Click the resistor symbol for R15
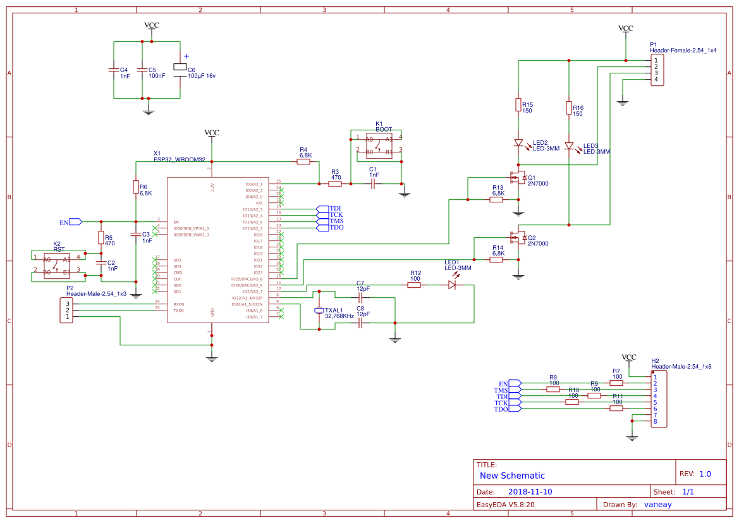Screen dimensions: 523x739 tap(518, 104)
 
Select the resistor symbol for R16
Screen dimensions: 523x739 tap(569, 108)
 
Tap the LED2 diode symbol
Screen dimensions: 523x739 tap(518, 143)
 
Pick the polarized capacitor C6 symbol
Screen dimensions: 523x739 tap(180, 68)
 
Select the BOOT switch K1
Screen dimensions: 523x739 tap(379, 145)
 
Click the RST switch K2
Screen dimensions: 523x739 tap(56, 265)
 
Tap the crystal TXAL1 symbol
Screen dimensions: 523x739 tap(319, 311)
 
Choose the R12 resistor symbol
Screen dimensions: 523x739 tap(414, 285)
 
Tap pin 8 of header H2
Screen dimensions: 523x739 tap(656, 422)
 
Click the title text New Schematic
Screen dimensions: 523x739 tap(512, 476)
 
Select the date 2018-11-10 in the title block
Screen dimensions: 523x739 tap(530, 491)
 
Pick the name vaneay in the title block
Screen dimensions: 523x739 tap(658, 505)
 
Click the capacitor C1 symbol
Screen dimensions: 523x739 tap(373, 183)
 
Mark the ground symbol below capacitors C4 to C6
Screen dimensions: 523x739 tap(149, 112)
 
